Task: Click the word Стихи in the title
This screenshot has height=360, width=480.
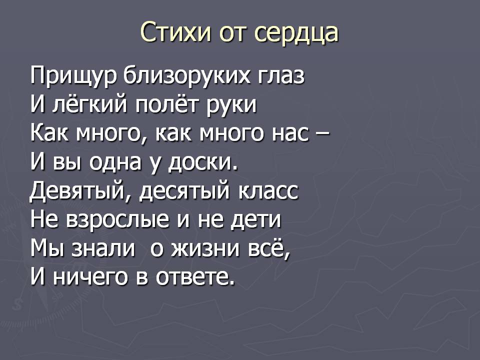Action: click(175, 32)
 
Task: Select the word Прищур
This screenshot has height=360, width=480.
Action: click(73, 77)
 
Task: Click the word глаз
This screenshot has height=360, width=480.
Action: click(281, 76)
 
